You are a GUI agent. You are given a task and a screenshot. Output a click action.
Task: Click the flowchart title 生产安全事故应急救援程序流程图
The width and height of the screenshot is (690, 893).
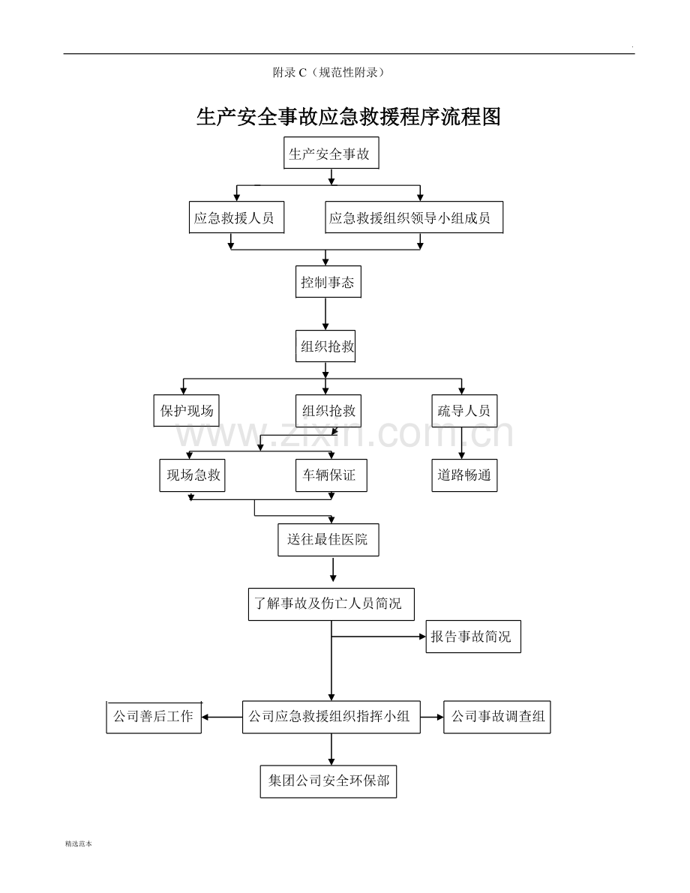(348, 117)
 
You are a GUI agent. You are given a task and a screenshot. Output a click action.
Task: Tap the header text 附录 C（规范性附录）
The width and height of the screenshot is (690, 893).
(328, 73)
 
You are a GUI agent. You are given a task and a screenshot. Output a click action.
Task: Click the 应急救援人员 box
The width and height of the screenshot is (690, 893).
(234, 218)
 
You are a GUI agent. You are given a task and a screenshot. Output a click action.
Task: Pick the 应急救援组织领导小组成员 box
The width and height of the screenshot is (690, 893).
(413, 218)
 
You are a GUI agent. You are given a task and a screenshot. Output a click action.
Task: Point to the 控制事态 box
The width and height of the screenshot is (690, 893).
(327, 283)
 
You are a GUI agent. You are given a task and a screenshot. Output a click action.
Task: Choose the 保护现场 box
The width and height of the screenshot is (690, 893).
(187, 411)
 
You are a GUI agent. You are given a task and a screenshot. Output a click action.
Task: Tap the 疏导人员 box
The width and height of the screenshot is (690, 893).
(464, 411)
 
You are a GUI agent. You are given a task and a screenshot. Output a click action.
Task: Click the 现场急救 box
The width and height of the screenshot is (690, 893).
(192, 475)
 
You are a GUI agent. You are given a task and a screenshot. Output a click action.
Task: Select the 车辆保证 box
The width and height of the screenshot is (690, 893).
(331, 475)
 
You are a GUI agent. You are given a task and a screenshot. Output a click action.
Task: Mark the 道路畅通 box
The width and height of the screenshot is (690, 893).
(464, 475)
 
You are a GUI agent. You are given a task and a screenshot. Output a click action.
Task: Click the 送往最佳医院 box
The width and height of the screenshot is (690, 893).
(328, 539)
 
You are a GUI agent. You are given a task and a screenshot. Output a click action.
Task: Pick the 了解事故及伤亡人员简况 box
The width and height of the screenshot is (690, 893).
(331, 604)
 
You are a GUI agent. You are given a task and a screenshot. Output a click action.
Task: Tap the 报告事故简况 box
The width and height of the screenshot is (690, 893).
(473, 637)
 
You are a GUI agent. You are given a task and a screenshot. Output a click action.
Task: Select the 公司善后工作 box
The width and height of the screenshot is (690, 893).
(154, 717)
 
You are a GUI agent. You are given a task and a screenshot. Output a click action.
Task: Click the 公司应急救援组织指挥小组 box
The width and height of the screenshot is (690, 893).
(331, 717)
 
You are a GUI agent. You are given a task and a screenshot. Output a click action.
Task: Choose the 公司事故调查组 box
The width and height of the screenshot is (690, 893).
(496, 717)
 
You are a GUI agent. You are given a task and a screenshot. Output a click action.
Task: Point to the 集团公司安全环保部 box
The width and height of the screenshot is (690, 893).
(328, 781)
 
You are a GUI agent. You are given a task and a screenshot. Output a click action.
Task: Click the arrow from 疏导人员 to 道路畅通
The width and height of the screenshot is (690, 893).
(461, 443)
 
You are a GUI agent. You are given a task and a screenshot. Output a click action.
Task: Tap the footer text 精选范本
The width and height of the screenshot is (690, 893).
(79, 844)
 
